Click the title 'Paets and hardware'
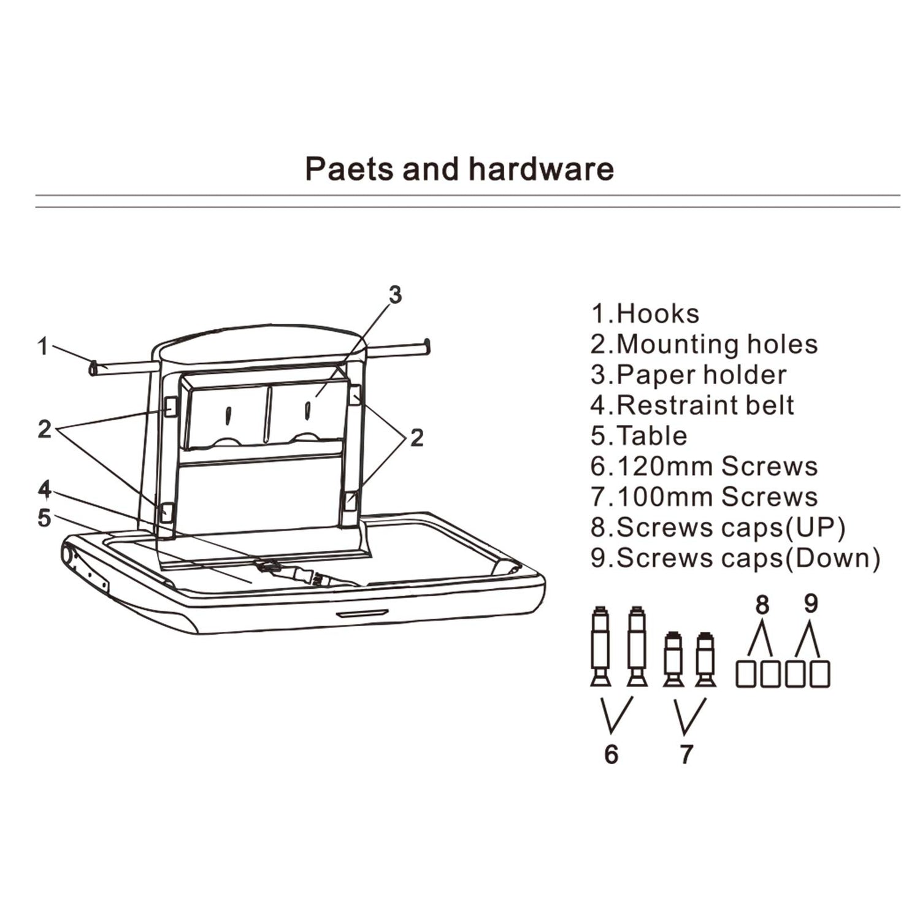459,169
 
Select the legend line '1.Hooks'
645,313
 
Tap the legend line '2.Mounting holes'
704,344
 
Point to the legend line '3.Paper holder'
688,375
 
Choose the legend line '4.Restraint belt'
692,405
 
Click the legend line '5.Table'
639,435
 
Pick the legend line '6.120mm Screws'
704,466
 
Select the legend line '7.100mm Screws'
704,497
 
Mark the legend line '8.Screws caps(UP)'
718,527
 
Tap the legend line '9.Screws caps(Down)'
735,558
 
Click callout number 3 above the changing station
396,295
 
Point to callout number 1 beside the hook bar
42,347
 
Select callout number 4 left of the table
44,489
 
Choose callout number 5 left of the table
44,518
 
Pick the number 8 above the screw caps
762,605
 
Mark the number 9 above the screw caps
811,604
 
